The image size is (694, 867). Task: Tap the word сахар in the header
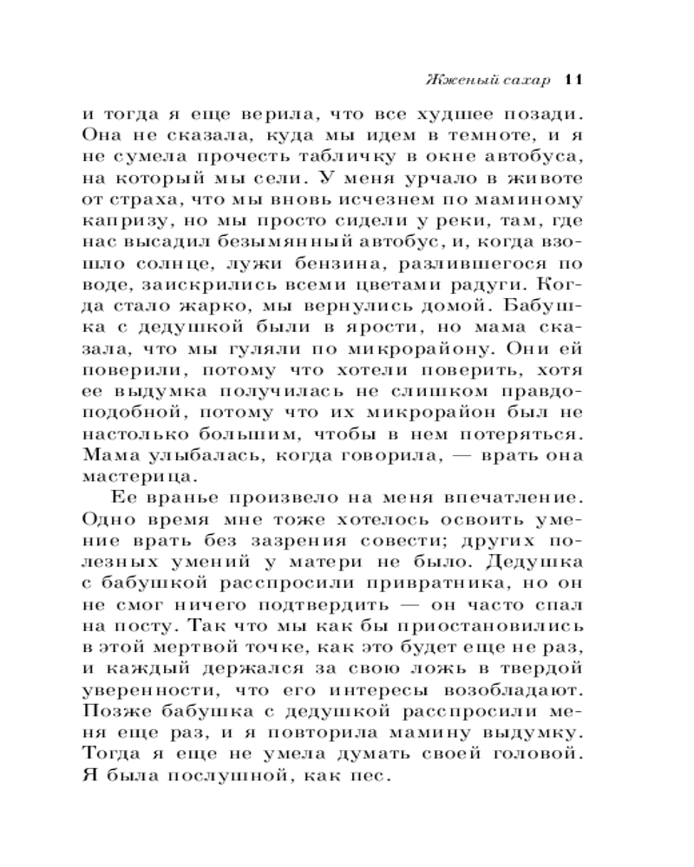tap(524, 81)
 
